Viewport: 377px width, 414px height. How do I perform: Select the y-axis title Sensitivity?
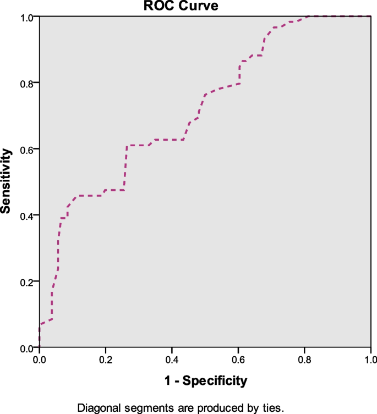6,181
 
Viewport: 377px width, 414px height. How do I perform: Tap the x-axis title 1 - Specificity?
205,379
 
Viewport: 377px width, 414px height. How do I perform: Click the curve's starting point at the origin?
39,347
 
